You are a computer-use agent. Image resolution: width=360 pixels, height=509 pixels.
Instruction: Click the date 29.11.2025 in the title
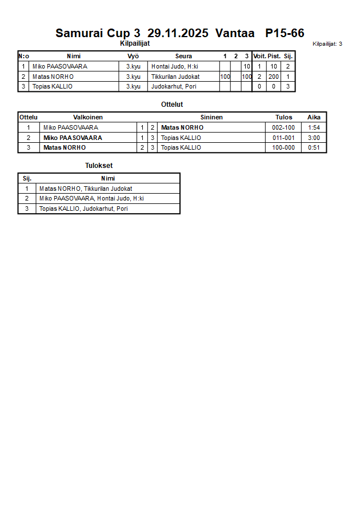[178, 33]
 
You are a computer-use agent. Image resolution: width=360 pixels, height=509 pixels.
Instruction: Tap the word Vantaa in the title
[235, 33]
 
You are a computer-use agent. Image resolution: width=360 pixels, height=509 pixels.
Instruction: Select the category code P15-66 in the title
[285, 33]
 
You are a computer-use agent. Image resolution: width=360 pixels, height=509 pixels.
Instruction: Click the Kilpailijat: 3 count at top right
[327, 43]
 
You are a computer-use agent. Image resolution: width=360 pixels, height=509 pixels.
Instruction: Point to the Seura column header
[183, 56]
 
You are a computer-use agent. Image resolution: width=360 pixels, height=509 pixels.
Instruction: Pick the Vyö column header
[133, 56]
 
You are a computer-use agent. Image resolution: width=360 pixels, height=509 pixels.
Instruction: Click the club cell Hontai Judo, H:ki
[175, 66]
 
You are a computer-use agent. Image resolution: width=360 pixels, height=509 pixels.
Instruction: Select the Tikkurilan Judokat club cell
[175, 77]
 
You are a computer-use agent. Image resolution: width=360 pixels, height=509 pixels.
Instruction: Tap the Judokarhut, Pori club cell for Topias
[174, 87]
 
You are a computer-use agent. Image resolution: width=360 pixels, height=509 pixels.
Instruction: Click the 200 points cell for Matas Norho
[274, 77]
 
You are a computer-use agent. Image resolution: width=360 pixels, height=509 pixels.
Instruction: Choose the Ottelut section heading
[172, 105]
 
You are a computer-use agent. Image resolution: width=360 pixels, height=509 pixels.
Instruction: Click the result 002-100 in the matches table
[284, 127]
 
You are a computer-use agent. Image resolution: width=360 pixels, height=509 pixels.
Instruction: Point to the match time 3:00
[314, 138]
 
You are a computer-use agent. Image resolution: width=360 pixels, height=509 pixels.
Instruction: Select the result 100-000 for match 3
[284, 147]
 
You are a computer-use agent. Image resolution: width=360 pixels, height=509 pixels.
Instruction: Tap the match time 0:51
[314, 147]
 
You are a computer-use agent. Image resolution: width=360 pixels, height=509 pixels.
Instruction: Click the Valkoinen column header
[88, 117]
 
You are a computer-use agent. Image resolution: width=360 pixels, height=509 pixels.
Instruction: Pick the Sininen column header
[211, 117]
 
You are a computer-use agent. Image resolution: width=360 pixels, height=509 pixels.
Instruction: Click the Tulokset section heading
[99, 166]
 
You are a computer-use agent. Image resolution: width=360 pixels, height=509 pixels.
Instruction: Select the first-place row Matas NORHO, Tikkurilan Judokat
[86, 189]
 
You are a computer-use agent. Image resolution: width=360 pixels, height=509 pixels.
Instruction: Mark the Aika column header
[314, 117]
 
